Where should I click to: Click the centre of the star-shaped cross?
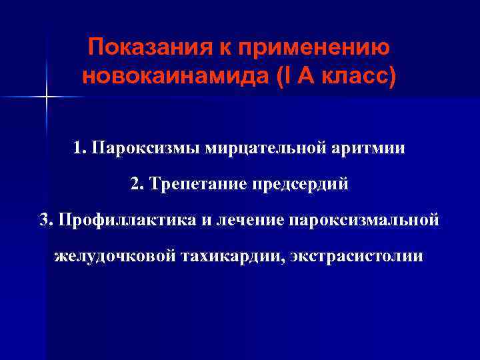click(x=47, y=98)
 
